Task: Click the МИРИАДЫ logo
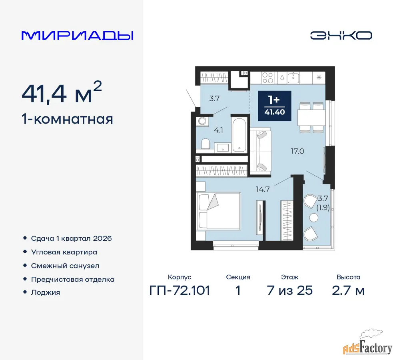click(78, 36)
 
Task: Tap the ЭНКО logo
click(341, 36)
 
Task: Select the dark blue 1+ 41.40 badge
click(275, 106)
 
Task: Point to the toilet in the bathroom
click(205, 144)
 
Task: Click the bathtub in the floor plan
click(239, 134)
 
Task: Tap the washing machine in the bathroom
click(202, 121)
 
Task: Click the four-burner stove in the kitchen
click(267, 78)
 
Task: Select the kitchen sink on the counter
click(293, 78)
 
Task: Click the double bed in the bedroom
click(218, 211)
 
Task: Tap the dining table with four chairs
click(311, 118)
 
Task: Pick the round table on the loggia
click(314, 218)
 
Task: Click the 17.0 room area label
click(297, 151)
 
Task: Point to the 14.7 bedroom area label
click(263, 189)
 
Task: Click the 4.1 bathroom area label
click(218, 130)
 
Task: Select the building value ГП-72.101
click(180, 290)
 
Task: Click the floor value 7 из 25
click(289, 290)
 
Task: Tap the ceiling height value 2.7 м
click(348, 290)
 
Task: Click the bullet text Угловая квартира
click(64, 252)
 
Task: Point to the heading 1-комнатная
click(67, 119)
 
